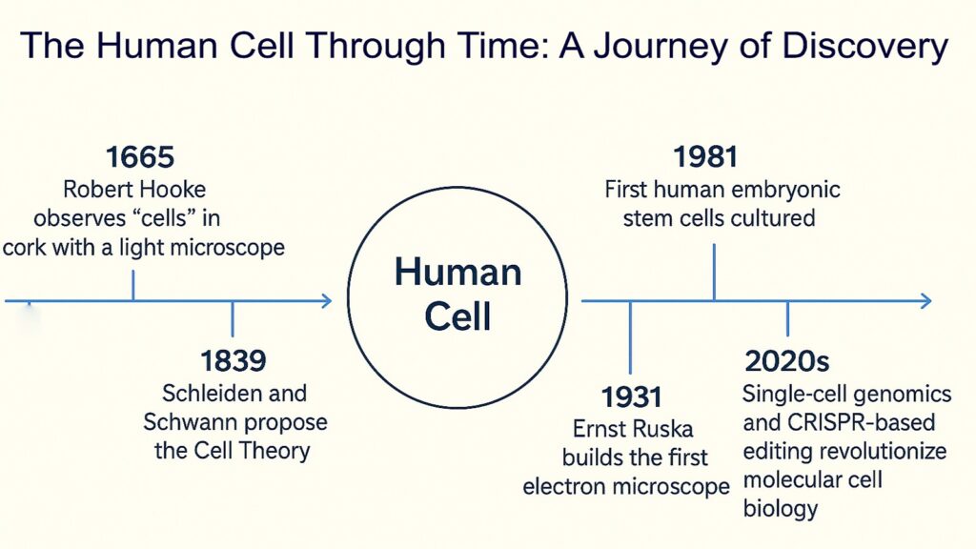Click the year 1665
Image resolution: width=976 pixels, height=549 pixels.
pos(140,157)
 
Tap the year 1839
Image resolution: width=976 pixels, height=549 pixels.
pos(233,361)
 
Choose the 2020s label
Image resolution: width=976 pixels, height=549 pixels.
pos(787,361)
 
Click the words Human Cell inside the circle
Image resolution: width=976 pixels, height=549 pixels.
pos(457,294)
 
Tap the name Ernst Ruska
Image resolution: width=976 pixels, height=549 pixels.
pos(630,428)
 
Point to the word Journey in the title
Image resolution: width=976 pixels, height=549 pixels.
pos(650,45)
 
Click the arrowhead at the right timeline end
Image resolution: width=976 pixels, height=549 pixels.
pos(925,301)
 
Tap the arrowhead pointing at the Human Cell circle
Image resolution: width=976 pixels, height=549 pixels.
pos(326,301)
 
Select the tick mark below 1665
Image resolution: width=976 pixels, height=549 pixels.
pos(132,285)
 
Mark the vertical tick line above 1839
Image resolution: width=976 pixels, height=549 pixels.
pos(233,318)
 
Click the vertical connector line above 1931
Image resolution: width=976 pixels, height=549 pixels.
pos(630,338)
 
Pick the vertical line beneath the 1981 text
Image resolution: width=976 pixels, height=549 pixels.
pos(714,271)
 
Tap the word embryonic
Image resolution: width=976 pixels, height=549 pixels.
pos(783,189)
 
